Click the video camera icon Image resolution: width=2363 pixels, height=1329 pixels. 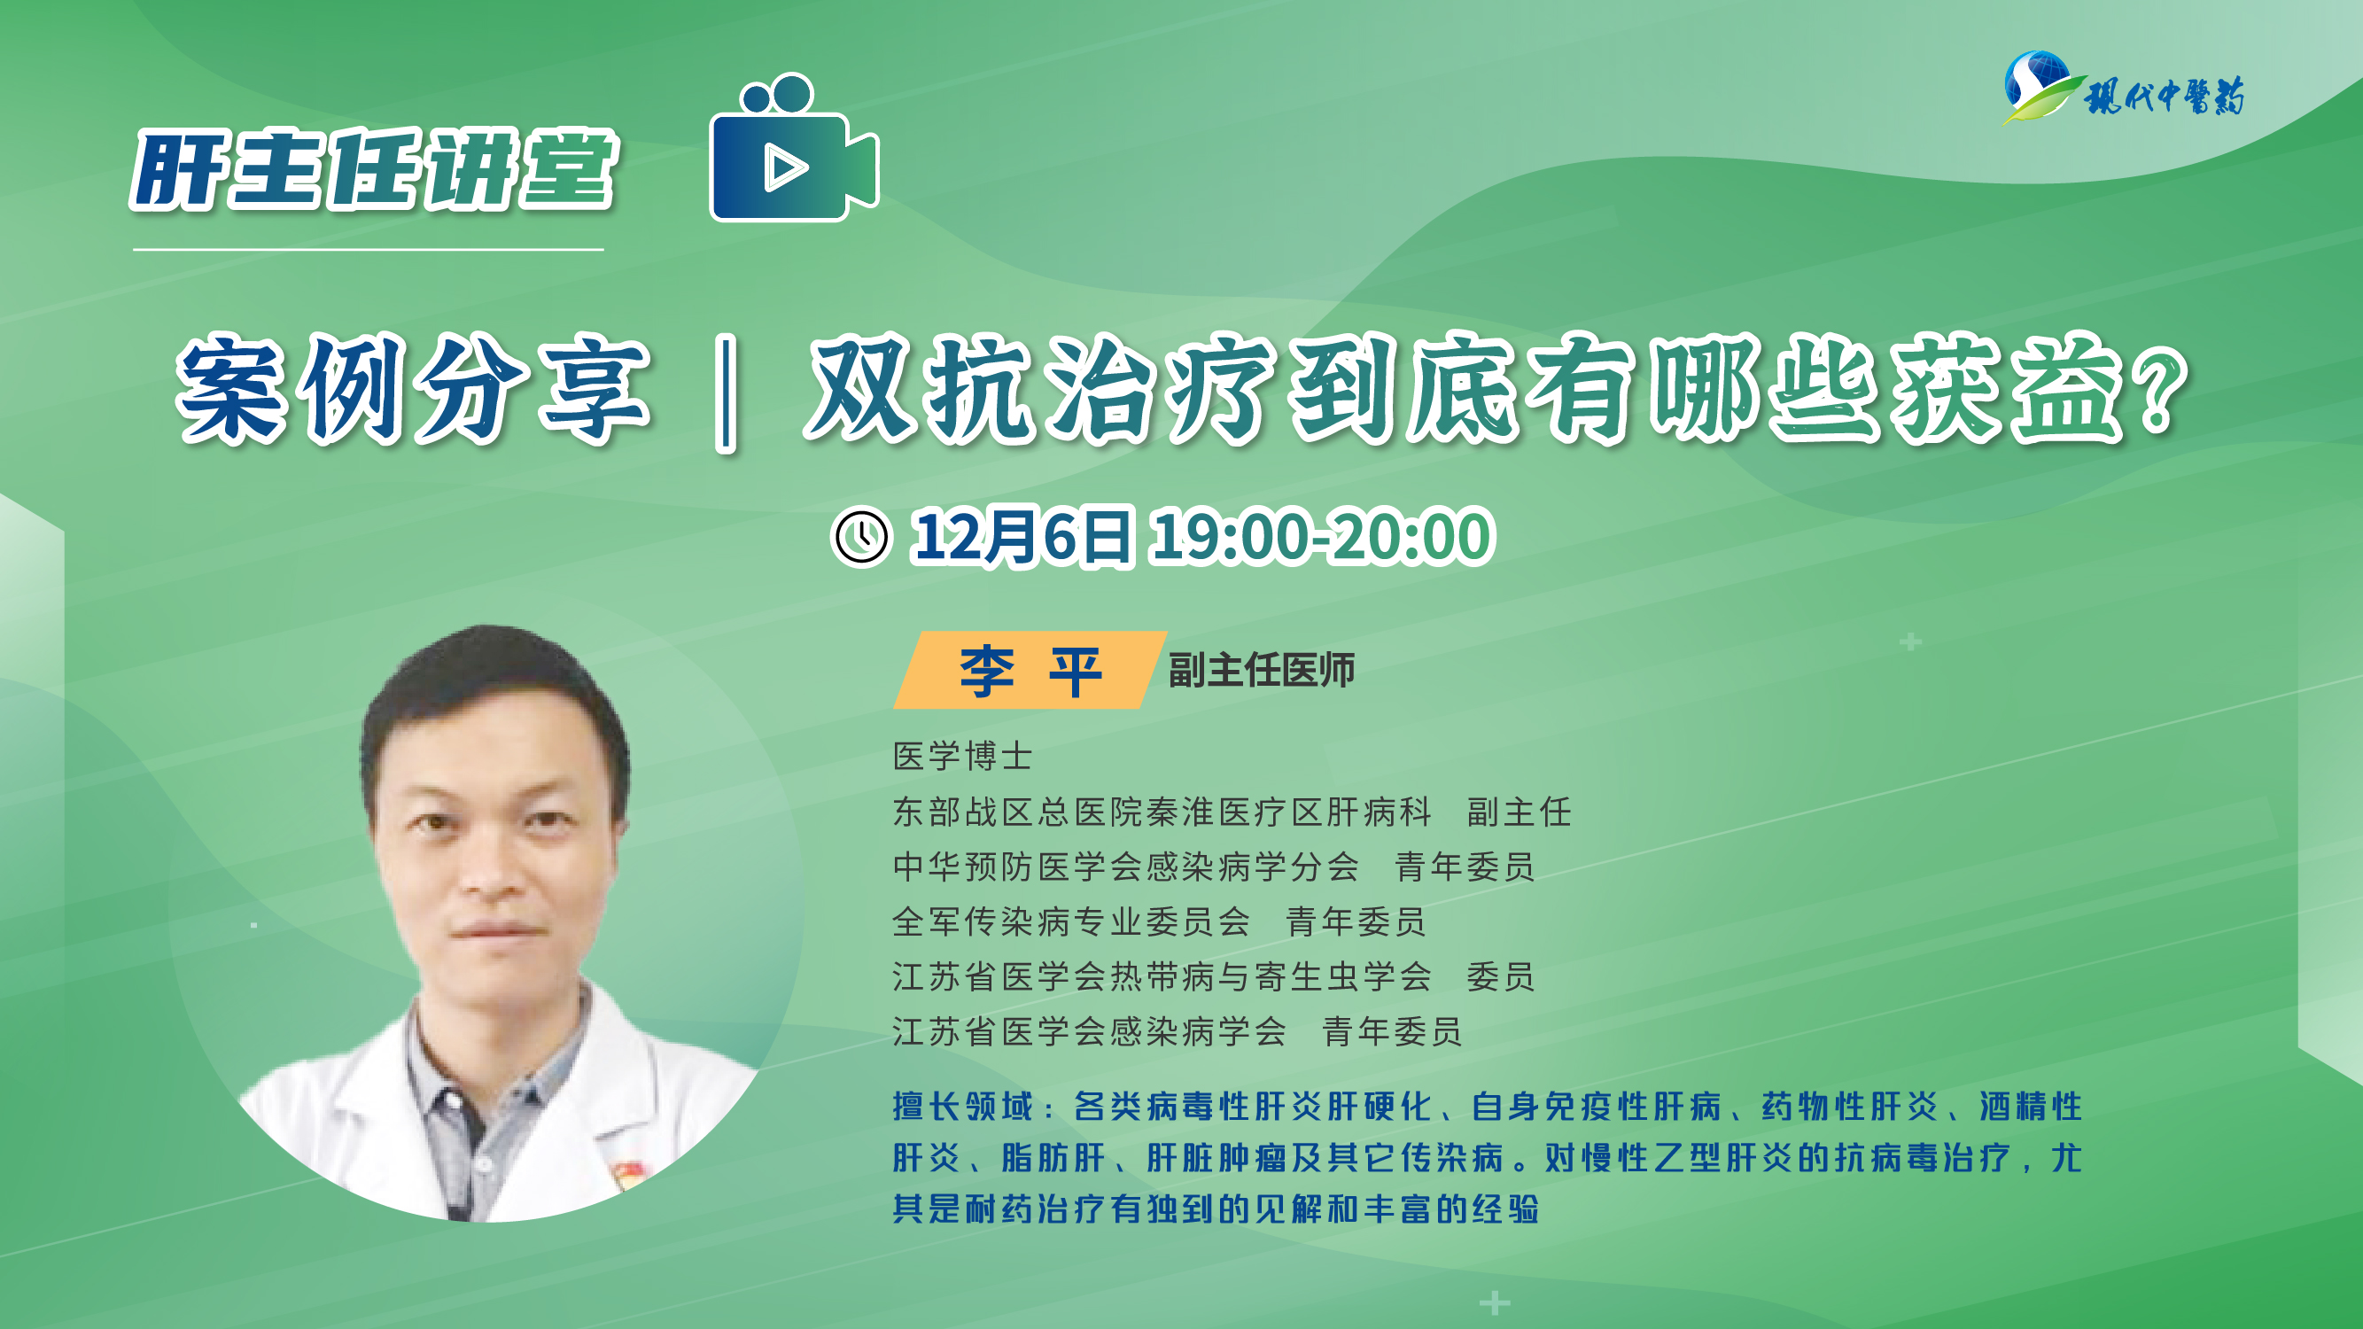[795, 149]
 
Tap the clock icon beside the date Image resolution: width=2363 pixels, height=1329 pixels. [860, 537]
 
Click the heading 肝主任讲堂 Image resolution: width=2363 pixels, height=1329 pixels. [374, 170]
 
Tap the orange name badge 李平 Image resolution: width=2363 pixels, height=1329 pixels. [1030, 671]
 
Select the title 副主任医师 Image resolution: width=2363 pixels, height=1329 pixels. [1262, 671]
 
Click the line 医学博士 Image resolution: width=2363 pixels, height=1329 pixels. [963, 757]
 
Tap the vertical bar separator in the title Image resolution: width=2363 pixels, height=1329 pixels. [727, 394]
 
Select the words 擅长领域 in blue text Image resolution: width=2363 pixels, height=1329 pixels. [963, 1107]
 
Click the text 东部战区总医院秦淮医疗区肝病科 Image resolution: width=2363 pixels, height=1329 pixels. [1162, 812]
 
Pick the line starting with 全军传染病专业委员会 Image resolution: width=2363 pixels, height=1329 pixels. [1160, 921]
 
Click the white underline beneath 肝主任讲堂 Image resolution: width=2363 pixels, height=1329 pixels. [369, 249]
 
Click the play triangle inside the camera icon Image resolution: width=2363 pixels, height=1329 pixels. [783, 167]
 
